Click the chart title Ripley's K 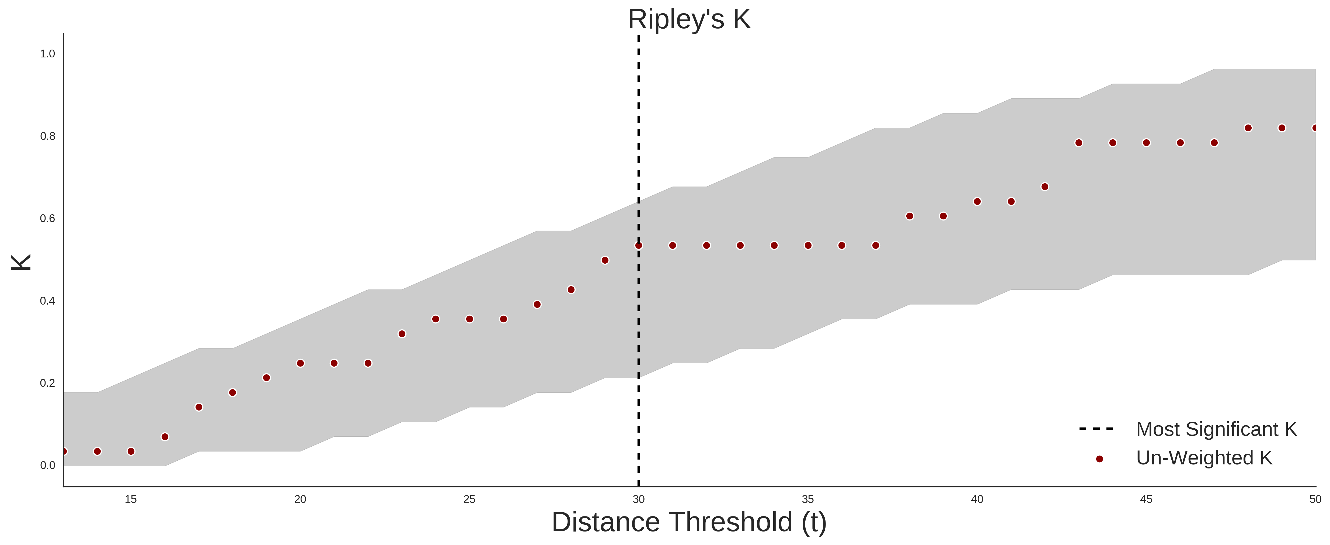coord(689,20)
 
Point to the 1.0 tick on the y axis coord(47,54)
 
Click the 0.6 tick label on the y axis coord(47,219)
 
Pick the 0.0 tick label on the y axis coord(47,465)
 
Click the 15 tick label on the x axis coord(131,499)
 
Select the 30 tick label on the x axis coord(639,499)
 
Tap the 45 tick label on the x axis coord(1146,499)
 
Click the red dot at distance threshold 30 coord(639,245)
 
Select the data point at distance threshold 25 coord(469,319)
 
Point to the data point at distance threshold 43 coord(1078,143)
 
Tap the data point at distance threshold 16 coord(165,437)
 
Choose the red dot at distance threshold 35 coord(808,245)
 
